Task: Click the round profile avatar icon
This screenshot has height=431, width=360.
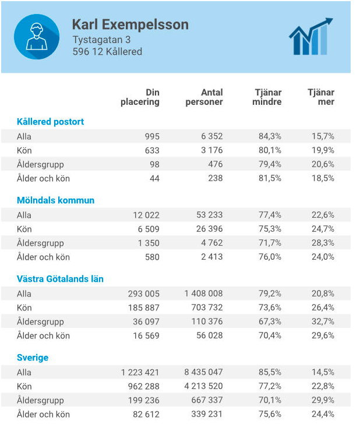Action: pyautogui.click(x=37, y=37)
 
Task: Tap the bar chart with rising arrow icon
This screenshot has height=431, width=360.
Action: pyautogui.click(x=311, y=36)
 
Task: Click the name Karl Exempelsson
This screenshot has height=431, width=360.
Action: pyautogui.click(x=130, y=24)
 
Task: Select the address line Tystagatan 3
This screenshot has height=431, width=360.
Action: pyautogui.click(x=101, y=40)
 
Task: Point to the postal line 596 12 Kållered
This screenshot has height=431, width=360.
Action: pyautogui.click(x=107, y=51)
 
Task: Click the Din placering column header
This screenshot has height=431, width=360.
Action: pyautogui.click(x=140, y=97)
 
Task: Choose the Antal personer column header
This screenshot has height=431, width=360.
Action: pyautogui.click(x=204, y=97)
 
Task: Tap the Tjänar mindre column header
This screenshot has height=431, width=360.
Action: pyautogui.click(x=267, y=97)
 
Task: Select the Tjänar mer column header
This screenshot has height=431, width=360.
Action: pyautogui.click(x=321, y=97)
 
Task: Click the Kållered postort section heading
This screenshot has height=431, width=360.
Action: pyautogui.click(x=50, y=122)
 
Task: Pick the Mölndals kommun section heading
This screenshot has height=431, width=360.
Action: pyautogui.click(x=55, y=200)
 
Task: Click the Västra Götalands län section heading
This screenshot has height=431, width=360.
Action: pyautogui.click(x=60, y=279)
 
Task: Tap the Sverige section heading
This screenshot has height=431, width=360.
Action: pyautogui.click(x=33, y=358)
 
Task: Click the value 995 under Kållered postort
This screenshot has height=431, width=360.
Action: pyautogui.click(x=152, y=136)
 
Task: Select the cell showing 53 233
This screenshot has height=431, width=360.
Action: pyautogui.click(x=209, y=215)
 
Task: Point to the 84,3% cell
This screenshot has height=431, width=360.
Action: pyautogui.click(x=270, y=136)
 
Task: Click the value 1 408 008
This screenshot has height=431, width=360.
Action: pyautogui.click(x=203, y=294)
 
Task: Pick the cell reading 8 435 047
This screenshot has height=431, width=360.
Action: pyautogui.click(x=203, y=372)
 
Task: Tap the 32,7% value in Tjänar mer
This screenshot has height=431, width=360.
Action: pyautogui.click(x=323, y=322)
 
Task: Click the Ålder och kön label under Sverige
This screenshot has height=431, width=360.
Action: pyautogui.click(x=43, y=414)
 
